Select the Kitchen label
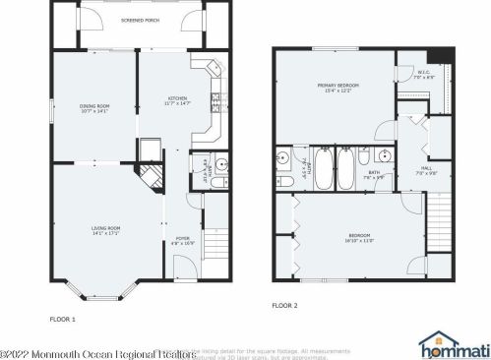(177, 98)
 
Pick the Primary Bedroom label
(337, 88)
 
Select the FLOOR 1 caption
(63, 319)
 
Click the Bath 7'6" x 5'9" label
(373, 174)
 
